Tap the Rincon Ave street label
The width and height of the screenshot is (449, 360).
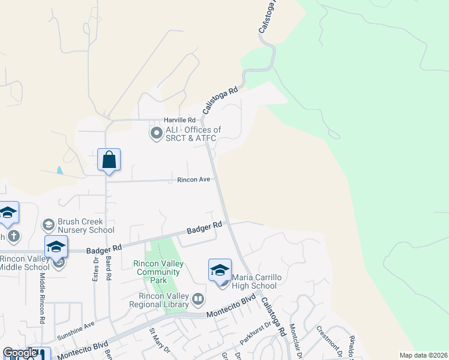pyautogui.click(x=193, y=179)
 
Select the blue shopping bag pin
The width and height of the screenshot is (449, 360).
pyautogui.click(x=109, y=160)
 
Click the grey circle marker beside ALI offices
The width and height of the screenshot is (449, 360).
pyautogui.click(x=156, y=133)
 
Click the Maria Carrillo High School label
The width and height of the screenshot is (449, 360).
pyautogui.click(x=254, y=281)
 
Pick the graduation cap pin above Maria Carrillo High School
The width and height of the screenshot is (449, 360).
pyautogui.click(x=220, y=270)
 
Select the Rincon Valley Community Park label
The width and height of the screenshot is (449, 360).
pyautogui.click(x=158, y=272)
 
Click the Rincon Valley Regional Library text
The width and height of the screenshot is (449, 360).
pyautogui.click(x=159, y=300)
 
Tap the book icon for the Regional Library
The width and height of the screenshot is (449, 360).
pyautogui.click(x=198, y=298)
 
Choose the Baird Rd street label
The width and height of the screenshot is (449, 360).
pyautogui.click(x=109, y=270)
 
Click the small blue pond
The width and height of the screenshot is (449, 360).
pyautogui.click(x=59, y=170)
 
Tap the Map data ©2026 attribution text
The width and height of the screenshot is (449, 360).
pyautogui.click(x=423, y=355)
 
